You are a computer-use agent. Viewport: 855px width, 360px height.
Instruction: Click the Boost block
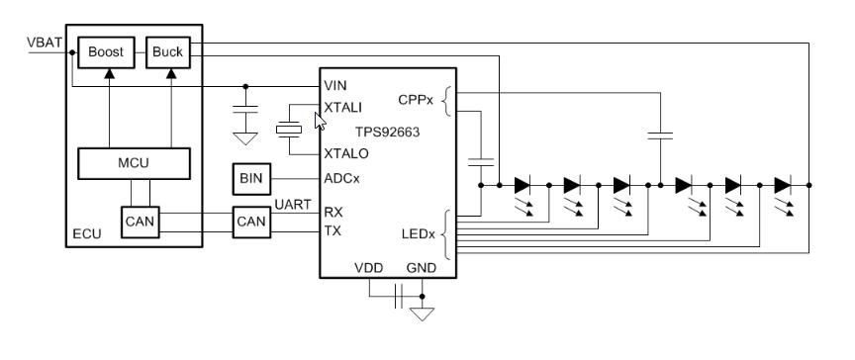(x=103, y=50)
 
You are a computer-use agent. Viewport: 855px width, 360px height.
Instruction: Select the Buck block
(x=162, y=50)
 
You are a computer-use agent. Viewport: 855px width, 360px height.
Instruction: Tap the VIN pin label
(x=335, y=85)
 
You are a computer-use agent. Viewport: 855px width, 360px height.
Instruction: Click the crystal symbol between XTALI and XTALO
(x=289, y=129)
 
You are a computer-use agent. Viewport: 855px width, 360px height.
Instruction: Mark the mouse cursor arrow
(x=319, y=121)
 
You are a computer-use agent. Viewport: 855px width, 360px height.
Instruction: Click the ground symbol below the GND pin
(x=423, y=315)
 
